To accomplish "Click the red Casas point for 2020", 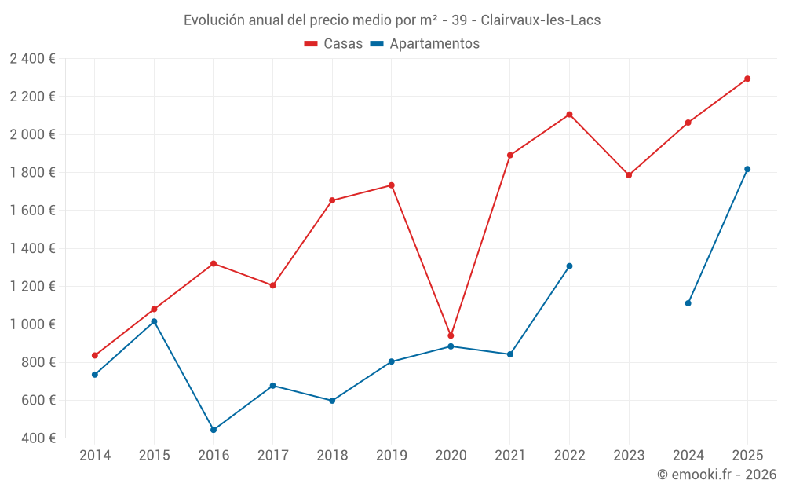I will point(451,335).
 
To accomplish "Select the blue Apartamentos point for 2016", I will point(214,430).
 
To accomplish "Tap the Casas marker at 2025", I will point(747,79).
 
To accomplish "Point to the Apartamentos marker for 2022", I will point(569,266).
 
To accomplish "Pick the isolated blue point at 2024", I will point(688,303).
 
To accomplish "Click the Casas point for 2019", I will point(392,185).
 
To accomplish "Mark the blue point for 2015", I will point(154,321).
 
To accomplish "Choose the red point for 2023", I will point(629,175).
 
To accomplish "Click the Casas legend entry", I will point(334,44).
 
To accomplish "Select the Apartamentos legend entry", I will point(424,44).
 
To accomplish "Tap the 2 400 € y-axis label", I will point(32,58).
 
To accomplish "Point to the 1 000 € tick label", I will point(32,324).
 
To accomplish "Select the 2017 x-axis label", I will point(272,455).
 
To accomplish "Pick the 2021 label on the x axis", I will point(510,455).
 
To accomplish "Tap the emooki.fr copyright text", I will point(717,475).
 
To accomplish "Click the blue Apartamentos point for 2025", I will point(747,169).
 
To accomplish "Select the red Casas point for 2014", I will point(95,356).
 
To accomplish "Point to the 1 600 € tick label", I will point(32,210).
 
